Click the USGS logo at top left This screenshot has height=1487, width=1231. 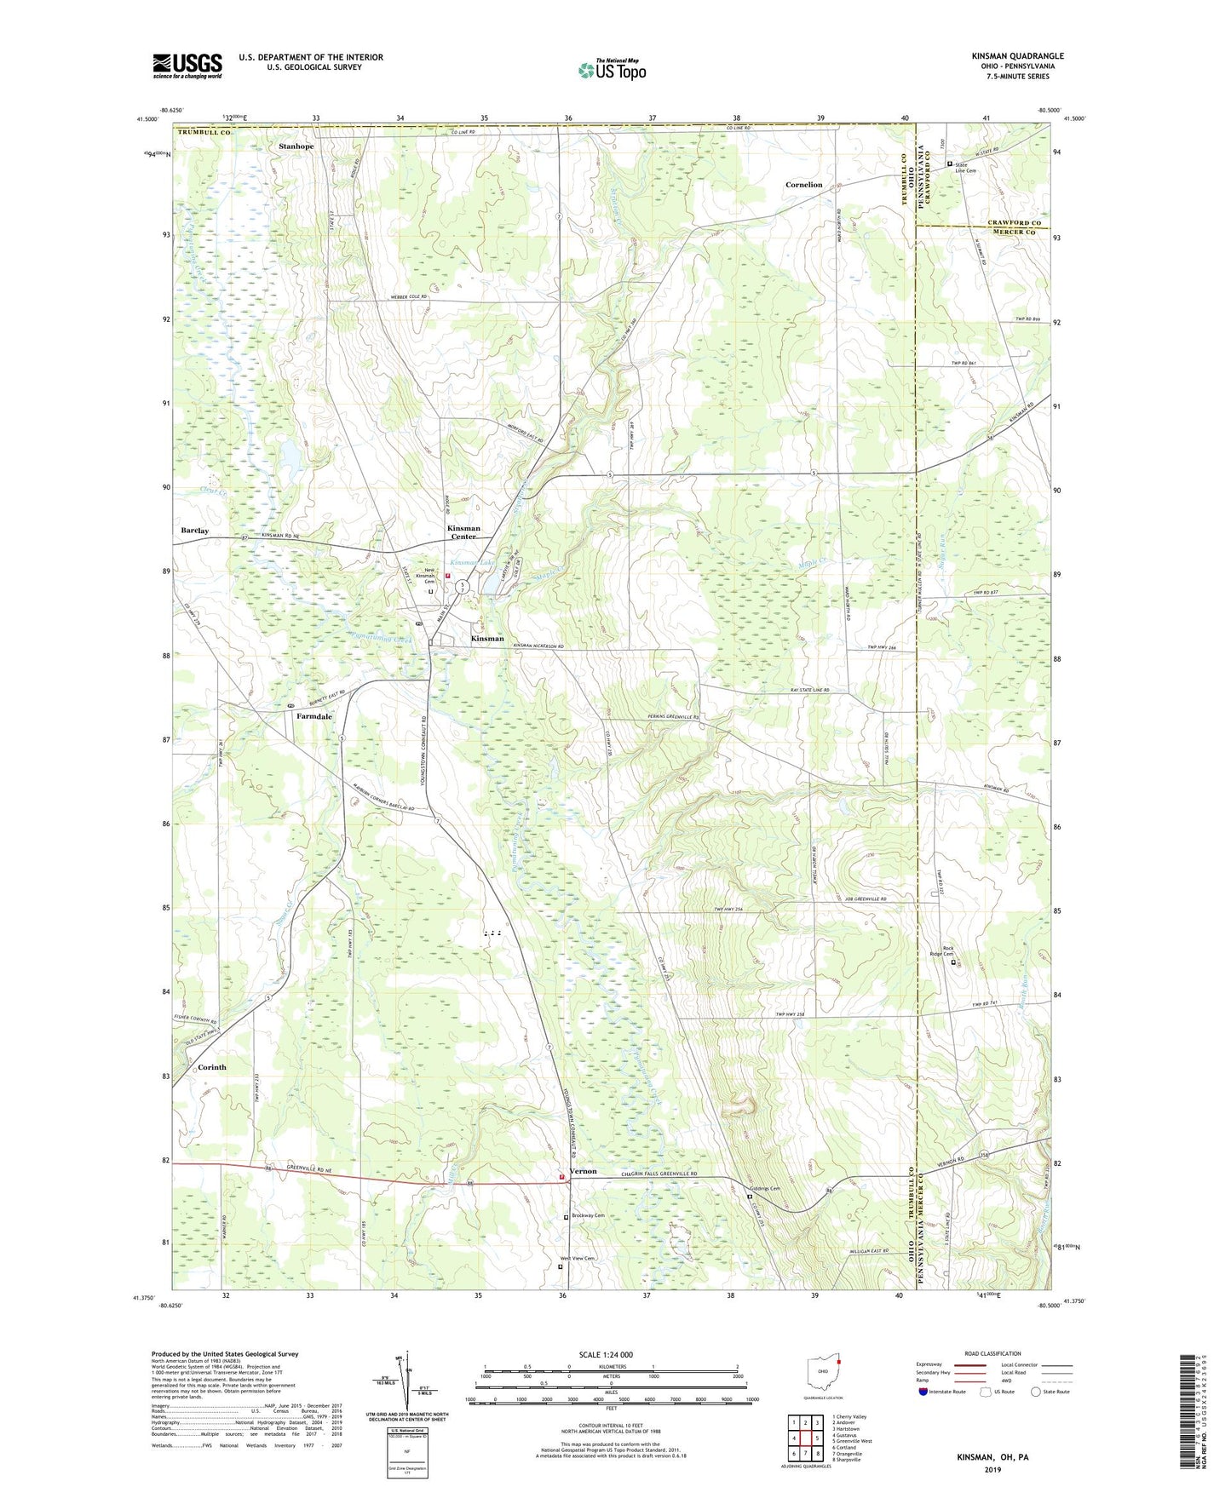click(x=187, y=66)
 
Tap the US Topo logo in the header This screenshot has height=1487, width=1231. click(x=611, y=70)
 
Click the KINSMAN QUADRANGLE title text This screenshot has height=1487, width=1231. click(x=1017, y=56)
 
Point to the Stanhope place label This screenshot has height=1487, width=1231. click(x=296, y=146)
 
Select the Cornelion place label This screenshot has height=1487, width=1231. click(x=803, y=185)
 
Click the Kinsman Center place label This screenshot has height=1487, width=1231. click(x=463, y=532)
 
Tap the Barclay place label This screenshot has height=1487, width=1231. click(x=194, y=531)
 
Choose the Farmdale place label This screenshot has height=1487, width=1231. click(x=314, y=717)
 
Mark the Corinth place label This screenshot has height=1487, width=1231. click(x=211, y=1067)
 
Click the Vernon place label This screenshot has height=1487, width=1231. click(x=584, y=1171)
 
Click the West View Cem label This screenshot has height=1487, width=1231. click(x=577, y=1258)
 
